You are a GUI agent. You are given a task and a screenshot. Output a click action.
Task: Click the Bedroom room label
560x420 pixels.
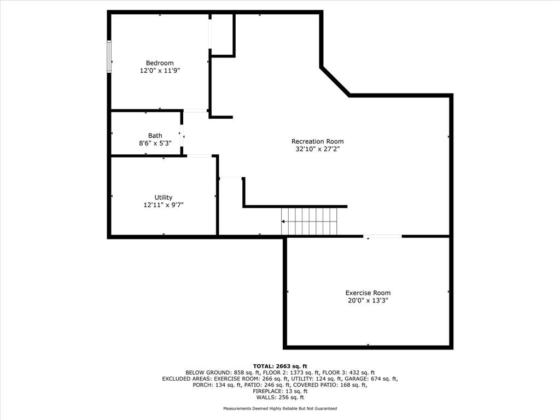click(160, 63)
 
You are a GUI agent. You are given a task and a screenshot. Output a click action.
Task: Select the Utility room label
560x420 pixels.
click(164, 197)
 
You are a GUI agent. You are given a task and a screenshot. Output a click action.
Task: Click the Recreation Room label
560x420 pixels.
click(317, 141)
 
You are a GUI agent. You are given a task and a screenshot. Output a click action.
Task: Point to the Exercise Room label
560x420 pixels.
click(367, 293)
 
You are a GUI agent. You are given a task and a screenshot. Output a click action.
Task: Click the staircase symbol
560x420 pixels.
click(310, 221)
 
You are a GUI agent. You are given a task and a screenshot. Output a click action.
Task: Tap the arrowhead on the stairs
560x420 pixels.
click(284, 221)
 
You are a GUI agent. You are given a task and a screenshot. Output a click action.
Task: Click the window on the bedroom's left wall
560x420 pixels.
click(109, 56)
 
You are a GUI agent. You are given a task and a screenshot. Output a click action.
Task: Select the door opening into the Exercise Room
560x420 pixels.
click(383, 236)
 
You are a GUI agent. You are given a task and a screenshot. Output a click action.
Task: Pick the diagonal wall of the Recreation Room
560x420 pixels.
click(335, 81)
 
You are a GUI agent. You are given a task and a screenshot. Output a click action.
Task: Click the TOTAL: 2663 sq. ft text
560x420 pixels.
click(280, 366)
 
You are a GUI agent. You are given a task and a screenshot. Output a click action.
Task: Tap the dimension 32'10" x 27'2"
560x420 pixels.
click(317, 149)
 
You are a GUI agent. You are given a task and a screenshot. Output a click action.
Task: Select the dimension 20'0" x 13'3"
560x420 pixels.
click(367, 300)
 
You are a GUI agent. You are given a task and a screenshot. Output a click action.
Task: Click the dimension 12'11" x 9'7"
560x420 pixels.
click(164, 205)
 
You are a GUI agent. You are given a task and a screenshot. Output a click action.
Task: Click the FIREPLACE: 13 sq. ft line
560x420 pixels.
click(280, 391)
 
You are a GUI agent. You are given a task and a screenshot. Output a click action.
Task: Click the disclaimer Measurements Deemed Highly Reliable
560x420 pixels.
click(280, 409)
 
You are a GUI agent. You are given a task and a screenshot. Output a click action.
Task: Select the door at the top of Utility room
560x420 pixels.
click(199, 156)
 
